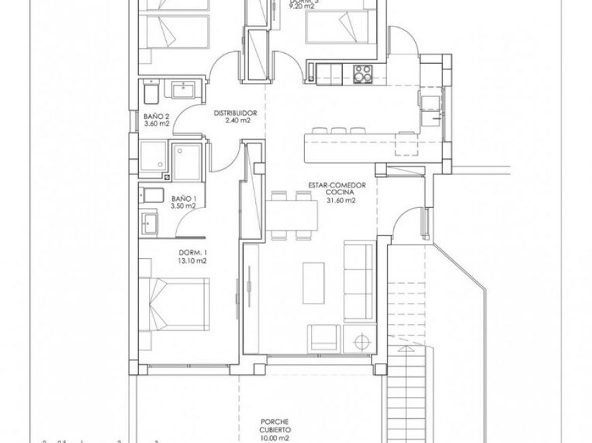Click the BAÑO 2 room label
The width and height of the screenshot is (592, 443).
pos(157,116)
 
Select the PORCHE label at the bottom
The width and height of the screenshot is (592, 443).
pos(280,422)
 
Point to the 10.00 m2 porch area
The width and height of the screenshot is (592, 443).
pos(280,439)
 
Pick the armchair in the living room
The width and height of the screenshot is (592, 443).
pos(323,337)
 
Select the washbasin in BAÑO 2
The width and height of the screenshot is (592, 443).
pos(183,89)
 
